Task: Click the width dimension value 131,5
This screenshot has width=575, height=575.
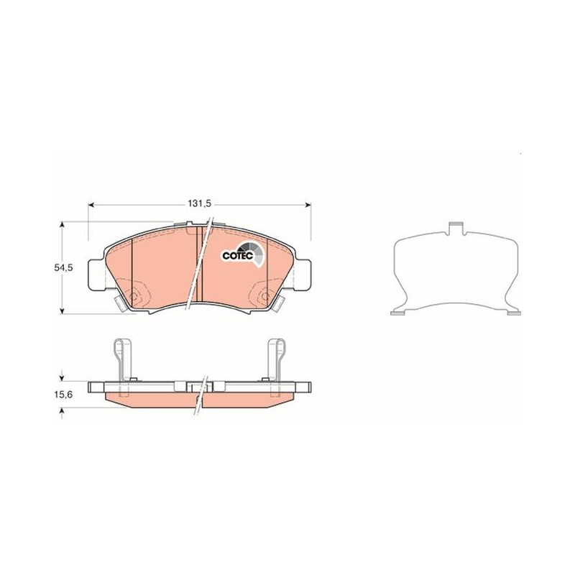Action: pyautogui.click(x=200, y=204)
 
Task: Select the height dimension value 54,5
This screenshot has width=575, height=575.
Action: pyautogui.click(x=64, y=267)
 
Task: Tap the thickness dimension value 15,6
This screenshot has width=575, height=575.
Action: pyautogui.click(x=64, y=395)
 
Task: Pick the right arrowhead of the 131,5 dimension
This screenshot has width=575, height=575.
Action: pyautogui.click(x=308, y=205)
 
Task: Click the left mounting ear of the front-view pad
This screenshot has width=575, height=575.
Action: pyautogui.click(x=97, y=276)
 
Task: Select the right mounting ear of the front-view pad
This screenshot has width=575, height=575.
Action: pyautogui.click(x=303, y=275)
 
